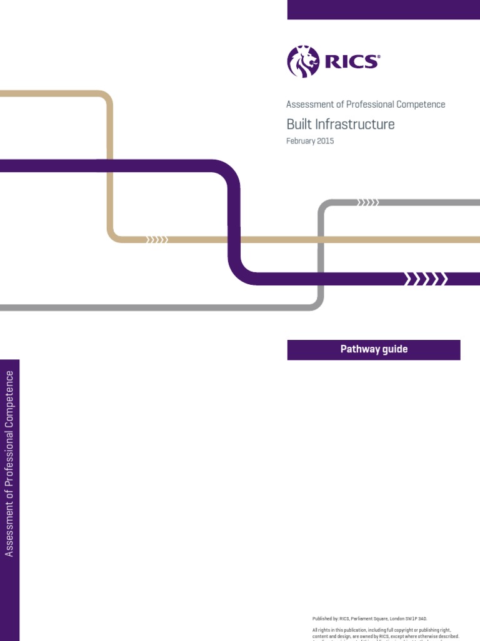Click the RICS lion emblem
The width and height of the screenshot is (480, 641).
pyautogui.click(x=302, y=61)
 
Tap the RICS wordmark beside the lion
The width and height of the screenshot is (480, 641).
pyautogui.click(x=351, y=61)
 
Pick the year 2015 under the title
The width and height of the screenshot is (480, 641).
pyautogui.click(x=326, y=141)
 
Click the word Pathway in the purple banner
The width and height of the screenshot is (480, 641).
pyautogui.click(x=359, y=349)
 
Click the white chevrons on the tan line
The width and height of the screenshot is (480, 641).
pyautogui.click(x=157, y=239)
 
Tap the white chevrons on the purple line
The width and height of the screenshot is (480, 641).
pyautogui.click(x=426, y=279)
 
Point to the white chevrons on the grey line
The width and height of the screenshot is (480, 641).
pyautogui.click(x=367, y=202)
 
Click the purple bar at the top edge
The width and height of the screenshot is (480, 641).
pyautogui.click(x=383, y=9)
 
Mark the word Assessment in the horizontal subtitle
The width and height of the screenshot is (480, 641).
pyautogui.click(x=309, y=105)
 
